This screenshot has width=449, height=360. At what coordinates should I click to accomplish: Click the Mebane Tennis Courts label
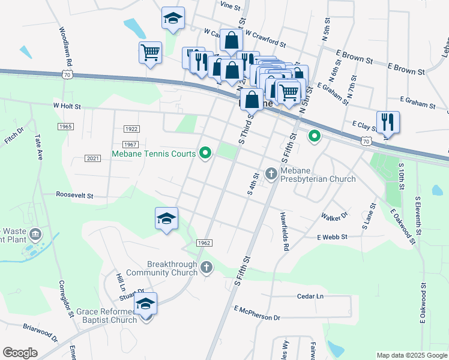pyautogui.click(x=154, y=154)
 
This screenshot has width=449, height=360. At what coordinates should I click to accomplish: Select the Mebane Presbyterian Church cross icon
pyautogui.click(x=271, y=173)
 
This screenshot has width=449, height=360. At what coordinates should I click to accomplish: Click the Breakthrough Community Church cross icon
pyautogui.click(x=206, y=267)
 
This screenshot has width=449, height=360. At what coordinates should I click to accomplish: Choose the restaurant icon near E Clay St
pyautogui.click(x=388, y=123)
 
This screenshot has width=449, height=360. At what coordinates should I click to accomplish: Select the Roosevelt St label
pyautogui.click(x=74, y=195)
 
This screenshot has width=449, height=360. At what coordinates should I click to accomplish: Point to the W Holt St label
pyautogui.click(x=67, y=106)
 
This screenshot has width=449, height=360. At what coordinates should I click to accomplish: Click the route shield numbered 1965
pyautogui.click(x=66, y=127)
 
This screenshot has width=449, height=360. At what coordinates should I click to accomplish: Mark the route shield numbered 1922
pyautogui.click(x=131, y=129)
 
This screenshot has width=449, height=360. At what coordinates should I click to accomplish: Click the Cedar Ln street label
pyautogui.click(x=310, y=296)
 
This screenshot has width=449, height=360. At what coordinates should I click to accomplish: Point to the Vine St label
pyautogui.click(x=230, y=5)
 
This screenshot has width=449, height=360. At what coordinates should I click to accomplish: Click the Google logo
pyautogui.click(x=20, y=353)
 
